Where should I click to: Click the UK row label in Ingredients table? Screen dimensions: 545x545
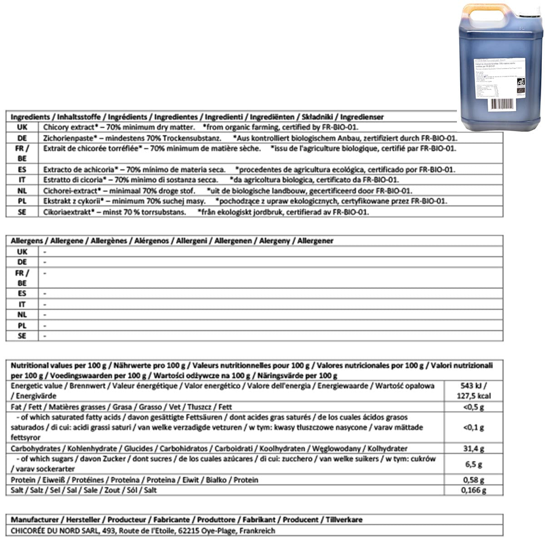(22, 128)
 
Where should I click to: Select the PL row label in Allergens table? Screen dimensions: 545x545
(22, 326)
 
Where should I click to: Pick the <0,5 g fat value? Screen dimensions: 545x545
(474, 407)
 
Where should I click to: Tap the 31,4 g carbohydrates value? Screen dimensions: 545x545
(474, 449)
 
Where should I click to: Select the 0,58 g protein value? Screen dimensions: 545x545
(474, 480)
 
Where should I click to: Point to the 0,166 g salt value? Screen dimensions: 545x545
(474, 490)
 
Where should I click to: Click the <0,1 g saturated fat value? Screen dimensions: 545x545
(474, 427)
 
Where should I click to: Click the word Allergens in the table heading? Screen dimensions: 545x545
(27, 241)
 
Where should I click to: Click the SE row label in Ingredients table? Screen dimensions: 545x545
(22, 212)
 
